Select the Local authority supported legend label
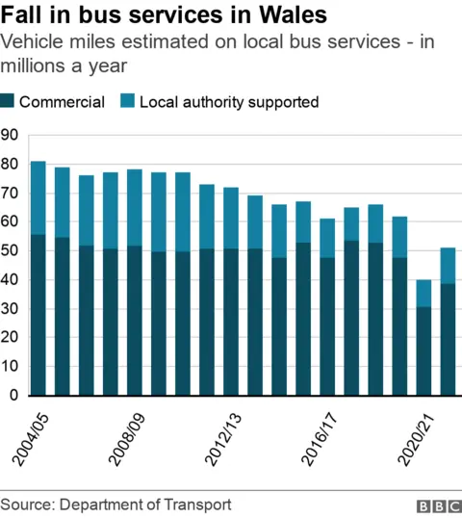pos(229,101)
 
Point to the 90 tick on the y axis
pos(11,135)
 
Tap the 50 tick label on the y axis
pos(11,250)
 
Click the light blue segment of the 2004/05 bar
pos(38,197)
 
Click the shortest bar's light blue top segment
pos(424,294)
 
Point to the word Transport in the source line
pos(199,505)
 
